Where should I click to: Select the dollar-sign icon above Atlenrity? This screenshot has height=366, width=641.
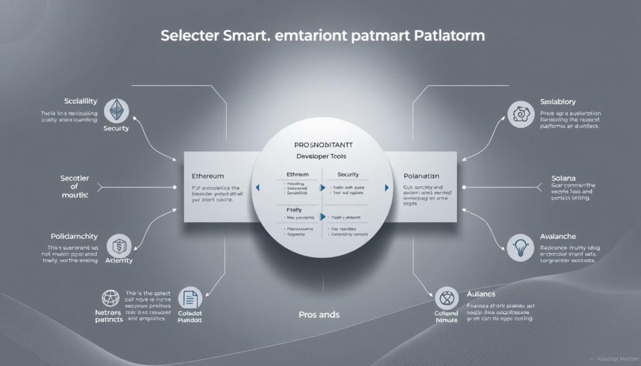[119, 244]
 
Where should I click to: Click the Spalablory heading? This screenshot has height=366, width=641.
[557, 101]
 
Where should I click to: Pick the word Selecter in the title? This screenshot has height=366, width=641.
[187, 36]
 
